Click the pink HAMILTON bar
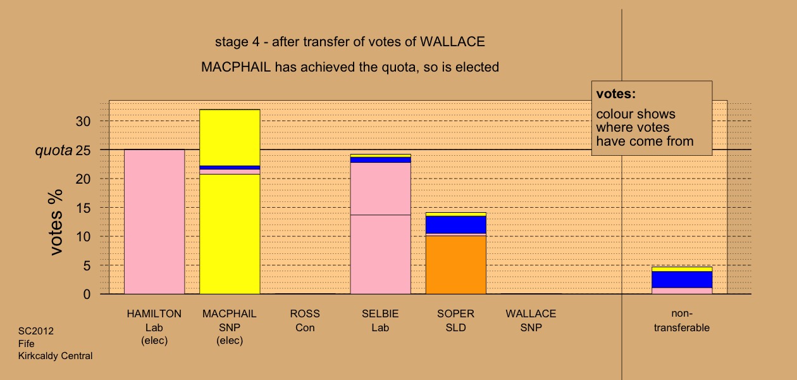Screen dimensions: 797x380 coord(154,222)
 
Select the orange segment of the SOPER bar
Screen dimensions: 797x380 coord(456,265)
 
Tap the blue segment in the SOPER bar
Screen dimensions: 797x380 coord(456,225)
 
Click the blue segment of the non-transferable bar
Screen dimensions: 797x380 coord(682,279)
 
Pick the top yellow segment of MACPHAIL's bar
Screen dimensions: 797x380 coord(230,137)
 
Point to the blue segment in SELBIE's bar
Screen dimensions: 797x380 coord(380,160)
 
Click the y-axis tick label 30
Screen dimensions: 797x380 coord(83,122)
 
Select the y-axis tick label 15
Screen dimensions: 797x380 coord(83,208)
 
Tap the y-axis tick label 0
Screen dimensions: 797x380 coord(87,294)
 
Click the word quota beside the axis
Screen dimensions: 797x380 coord(54,151)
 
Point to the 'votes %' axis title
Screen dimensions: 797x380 coord(56,222)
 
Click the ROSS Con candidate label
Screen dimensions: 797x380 coord(305,320)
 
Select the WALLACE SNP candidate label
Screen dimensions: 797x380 coord(531,320)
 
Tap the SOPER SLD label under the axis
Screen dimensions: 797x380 coord(456,320)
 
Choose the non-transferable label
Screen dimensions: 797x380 coord(682,320)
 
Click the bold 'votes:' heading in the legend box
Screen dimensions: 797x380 coord(616,94)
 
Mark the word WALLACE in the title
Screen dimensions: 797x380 coord(452,42)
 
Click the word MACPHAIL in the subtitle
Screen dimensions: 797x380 coord(236,67)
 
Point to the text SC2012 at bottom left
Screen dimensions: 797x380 coord(36,331)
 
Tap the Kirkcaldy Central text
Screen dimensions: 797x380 coord(55,356)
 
